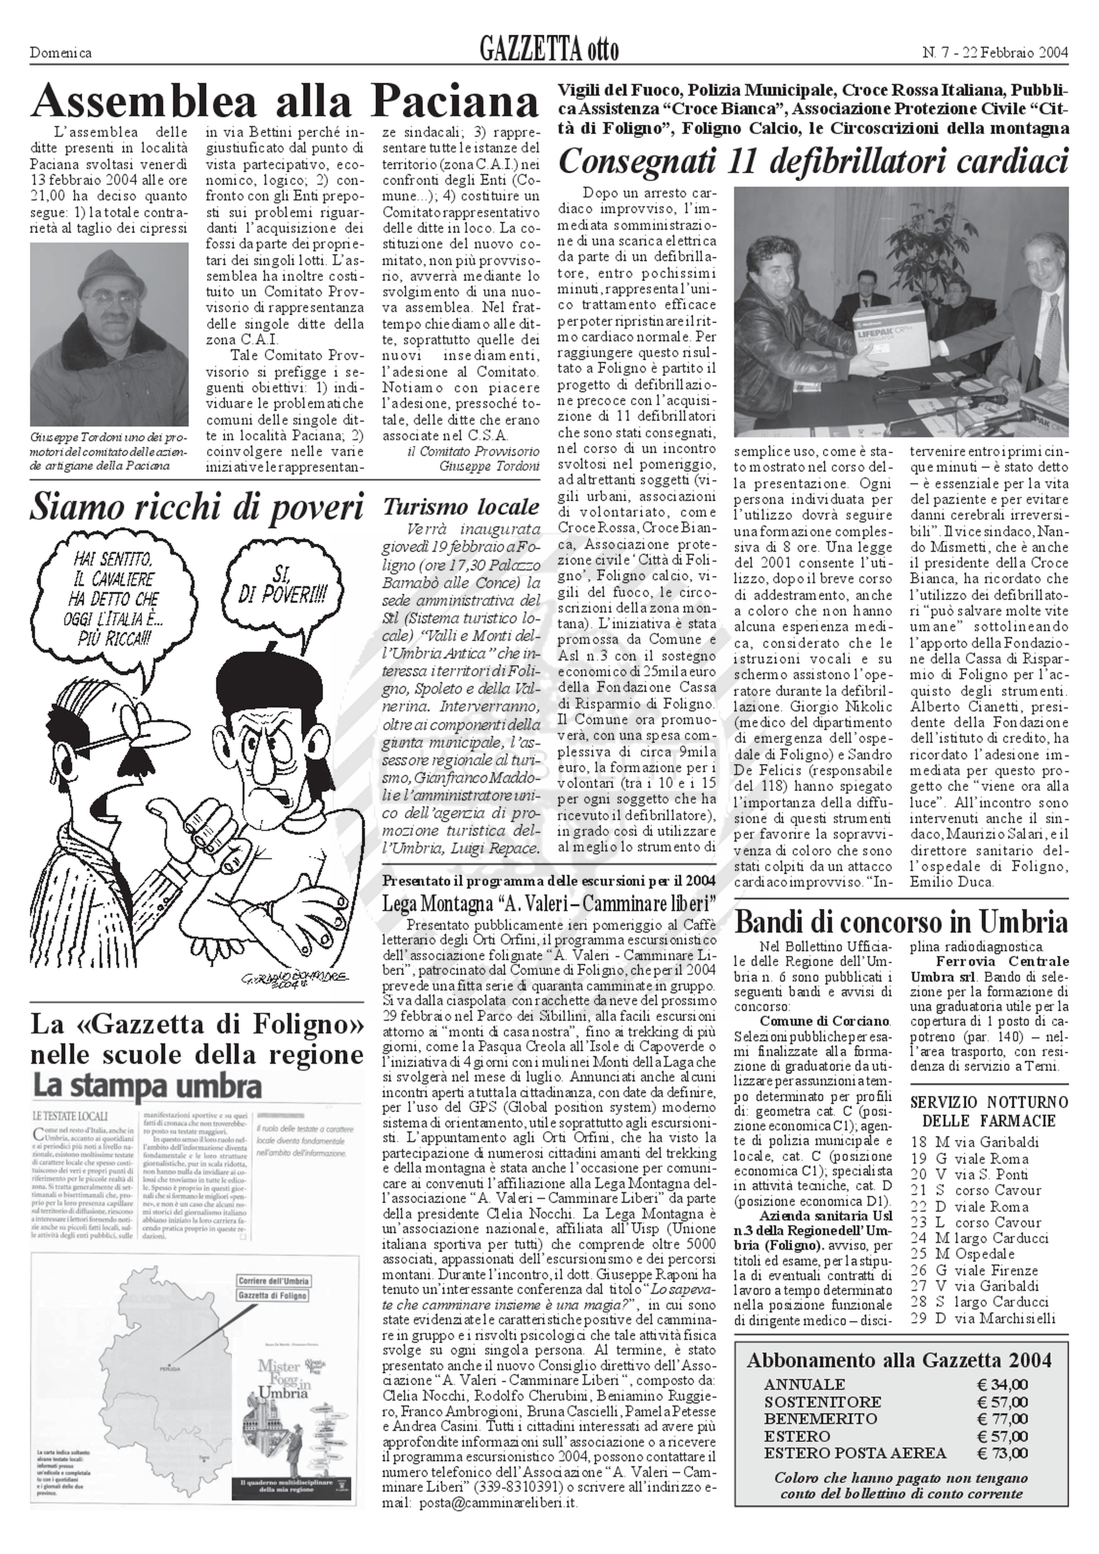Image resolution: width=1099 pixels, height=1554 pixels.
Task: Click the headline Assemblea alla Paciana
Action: (284, 102)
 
